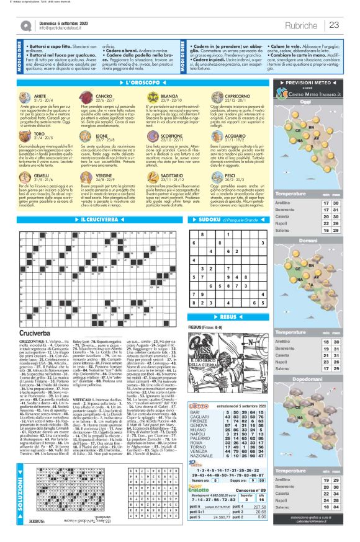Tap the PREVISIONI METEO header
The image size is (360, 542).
click(x=317, y=82)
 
